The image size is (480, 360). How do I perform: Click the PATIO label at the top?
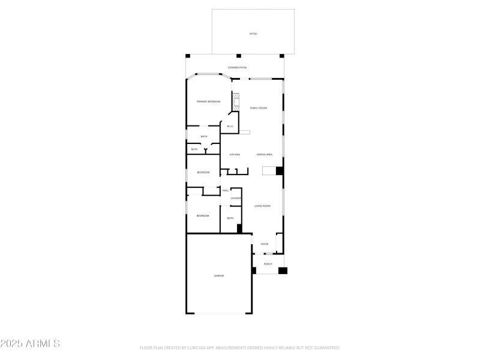[253, 34]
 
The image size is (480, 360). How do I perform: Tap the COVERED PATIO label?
[237, 67]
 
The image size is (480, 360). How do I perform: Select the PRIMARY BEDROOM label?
[209, 101]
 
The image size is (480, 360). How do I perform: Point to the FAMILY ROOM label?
[259, 107]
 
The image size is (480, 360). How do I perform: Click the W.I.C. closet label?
[230, 126]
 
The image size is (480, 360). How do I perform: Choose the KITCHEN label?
[235, 154]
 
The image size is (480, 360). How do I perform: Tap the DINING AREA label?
[265, 154]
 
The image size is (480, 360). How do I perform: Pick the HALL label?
[226, 190]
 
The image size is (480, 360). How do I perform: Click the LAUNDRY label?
[236, 197]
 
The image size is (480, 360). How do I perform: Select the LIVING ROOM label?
[262, 206]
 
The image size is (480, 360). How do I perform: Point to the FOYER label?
[265, 244]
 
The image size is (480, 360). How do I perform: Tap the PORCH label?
[268, 264]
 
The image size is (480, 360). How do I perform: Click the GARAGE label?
[219, 275]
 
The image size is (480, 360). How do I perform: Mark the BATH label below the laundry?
[230, 218]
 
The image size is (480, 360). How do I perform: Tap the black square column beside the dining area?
[279, 171]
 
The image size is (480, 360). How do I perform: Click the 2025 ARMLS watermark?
[30, 344]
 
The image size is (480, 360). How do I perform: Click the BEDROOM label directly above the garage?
[203, 215]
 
